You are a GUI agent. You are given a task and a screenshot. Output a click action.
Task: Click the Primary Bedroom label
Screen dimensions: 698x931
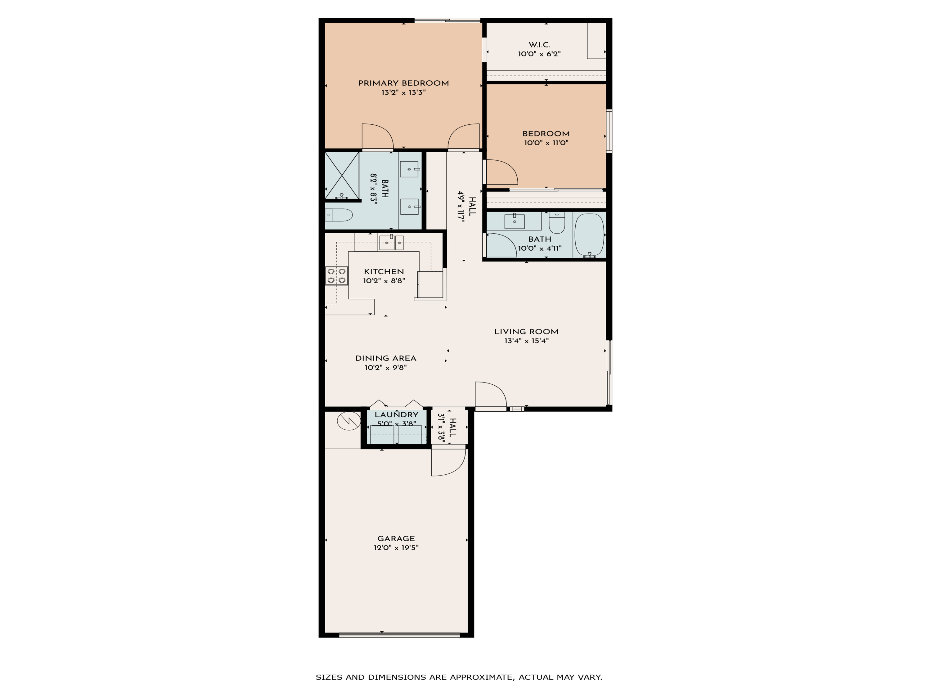pos(403,83)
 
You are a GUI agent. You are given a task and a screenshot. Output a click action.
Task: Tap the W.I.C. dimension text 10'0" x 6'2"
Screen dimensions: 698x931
pos(539,54)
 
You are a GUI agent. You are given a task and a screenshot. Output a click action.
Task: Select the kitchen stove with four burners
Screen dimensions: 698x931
pos(336,275)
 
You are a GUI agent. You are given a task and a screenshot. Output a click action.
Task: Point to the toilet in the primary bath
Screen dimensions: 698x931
pos(339,215)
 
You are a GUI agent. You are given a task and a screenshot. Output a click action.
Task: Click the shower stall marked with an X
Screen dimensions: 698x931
pos(342,176)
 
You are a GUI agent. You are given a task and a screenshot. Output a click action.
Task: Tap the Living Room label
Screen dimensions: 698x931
pos(526,332)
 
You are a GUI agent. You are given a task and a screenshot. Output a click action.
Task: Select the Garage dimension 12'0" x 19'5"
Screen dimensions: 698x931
pos(396,547)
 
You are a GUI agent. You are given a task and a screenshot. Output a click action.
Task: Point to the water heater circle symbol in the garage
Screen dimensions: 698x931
pos(349,420)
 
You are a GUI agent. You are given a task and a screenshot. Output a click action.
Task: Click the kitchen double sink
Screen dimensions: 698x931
pos(391,243)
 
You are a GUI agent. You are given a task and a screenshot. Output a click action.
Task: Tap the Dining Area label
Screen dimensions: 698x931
pos(385,358)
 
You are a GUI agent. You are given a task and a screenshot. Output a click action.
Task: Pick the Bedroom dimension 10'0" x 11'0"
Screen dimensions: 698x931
pos(546,143)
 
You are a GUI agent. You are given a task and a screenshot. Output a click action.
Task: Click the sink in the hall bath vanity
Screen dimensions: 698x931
pos(514,221)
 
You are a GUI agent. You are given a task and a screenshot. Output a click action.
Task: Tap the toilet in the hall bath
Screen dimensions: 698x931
pos(557,223)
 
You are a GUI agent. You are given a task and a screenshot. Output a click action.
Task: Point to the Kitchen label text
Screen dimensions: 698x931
pos(384,271)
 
